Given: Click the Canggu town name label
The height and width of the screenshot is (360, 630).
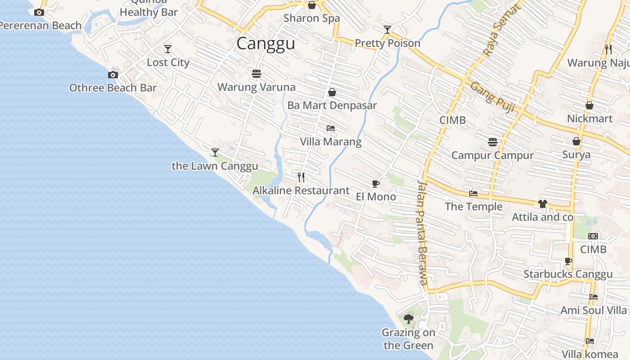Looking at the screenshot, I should [265, 44].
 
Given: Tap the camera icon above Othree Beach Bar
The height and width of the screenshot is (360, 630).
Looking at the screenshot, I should [112, 75].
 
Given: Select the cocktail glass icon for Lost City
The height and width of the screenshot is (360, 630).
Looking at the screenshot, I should [168, 49].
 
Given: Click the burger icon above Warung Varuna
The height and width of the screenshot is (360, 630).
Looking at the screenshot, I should [256, 73].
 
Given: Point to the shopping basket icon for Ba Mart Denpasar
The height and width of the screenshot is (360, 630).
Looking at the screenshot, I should [332, 92].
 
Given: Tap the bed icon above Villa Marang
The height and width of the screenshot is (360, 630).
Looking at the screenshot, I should [331, 128].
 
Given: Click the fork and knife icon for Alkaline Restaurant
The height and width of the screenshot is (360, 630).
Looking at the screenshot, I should [301, 177].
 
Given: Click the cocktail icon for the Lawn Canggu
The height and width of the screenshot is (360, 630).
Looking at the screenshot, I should [215, 153].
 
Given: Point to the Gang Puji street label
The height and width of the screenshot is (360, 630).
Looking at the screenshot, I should [492, 95].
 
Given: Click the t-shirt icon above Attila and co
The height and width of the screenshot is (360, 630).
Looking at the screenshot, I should [542, 204].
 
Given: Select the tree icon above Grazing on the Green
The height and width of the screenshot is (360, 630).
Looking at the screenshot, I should [409, 319].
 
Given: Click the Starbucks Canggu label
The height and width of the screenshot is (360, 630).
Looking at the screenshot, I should [568, 274].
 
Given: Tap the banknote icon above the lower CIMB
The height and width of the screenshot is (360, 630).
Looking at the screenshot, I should [593, 236].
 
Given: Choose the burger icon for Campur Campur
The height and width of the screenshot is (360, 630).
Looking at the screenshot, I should [493, 142].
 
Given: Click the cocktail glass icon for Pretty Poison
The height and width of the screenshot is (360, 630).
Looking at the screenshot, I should [387, 30].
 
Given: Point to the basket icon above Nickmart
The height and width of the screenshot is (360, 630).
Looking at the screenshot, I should [589, 105].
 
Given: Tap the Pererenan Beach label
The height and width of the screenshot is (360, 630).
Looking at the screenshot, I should [40, 26].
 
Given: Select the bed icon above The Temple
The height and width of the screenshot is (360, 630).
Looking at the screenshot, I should [473, 193].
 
